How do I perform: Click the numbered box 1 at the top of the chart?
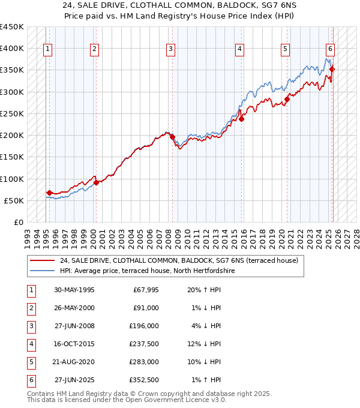point(47,49)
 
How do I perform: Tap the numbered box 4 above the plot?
point(239,49)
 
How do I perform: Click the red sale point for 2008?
point(172,137)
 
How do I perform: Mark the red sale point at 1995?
point(49,193)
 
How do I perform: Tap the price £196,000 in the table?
point(144,326)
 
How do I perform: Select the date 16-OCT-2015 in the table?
point(74,344)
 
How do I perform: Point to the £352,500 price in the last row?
point(144,380)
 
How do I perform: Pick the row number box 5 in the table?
point(31,362)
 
